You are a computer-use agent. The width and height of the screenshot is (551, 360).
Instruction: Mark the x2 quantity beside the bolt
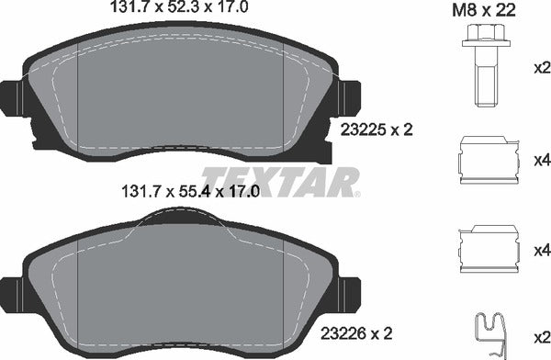[541, 68]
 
